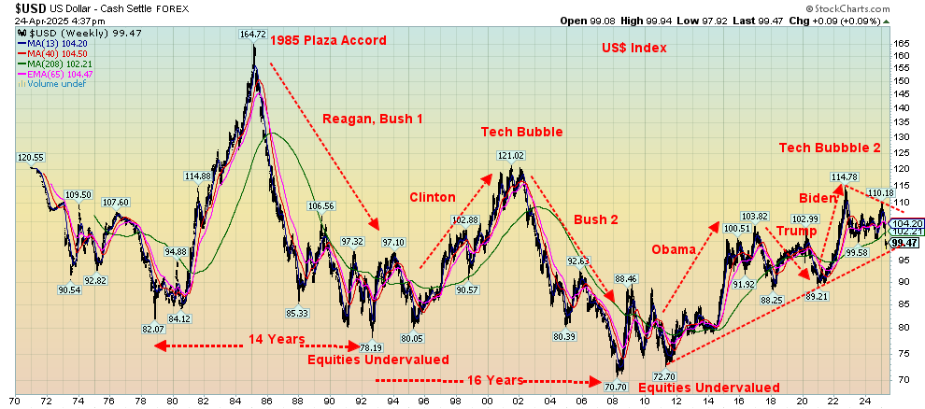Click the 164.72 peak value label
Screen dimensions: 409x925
[253, 35]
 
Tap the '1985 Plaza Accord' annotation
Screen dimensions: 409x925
[327, 40]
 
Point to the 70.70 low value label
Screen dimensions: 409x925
[615, 387]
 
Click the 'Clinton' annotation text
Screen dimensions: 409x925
[433, 197]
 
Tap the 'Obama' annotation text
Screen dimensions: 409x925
[674, 249]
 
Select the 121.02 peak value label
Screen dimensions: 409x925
[511, 156]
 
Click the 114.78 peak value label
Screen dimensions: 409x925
[845, 176]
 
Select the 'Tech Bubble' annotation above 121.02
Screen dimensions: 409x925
[521, 132]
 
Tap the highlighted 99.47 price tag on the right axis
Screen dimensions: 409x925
[903, 243]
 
